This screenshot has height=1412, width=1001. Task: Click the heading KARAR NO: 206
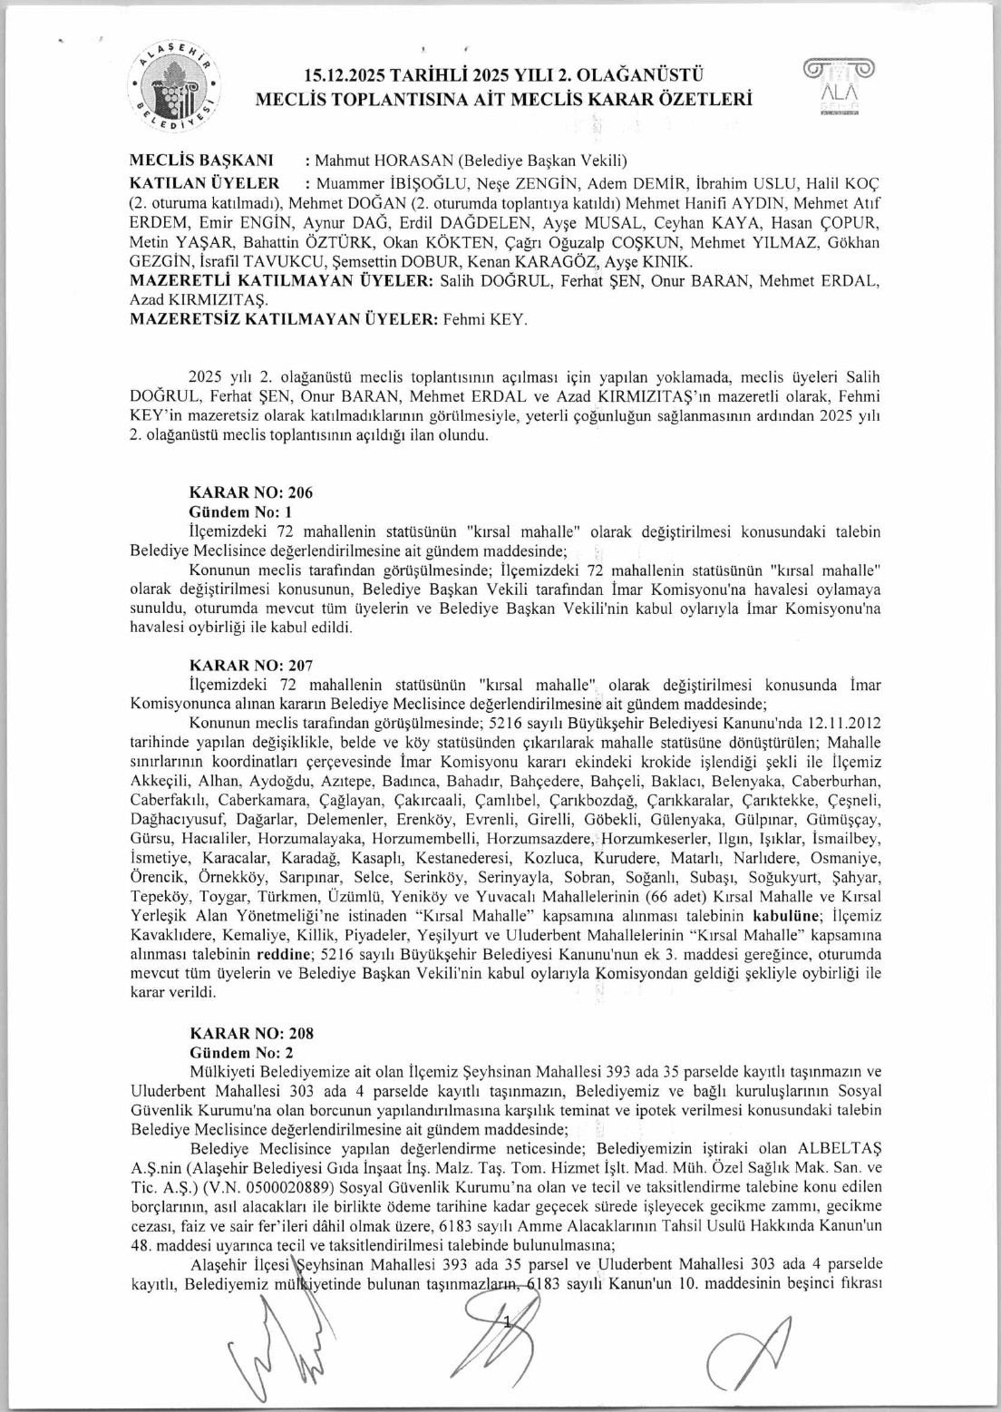250,492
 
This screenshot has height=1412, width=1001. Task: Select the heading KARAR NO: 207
250,666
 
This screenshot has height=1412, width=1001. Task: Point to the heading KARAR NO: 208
251,1033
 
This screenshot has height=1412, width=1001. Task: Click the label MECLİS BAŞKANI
201,161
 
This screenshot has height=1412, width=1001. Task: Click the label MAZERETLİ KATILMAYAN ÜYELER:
282,280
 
